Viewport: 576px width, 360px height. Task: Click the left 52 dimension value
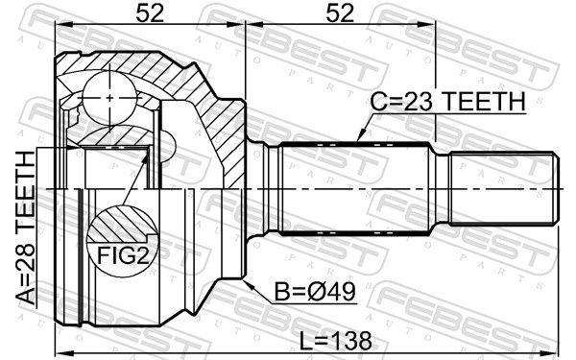(x=150, y=13)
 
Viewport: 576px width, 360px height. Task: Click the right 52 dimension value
(x=340, y=13)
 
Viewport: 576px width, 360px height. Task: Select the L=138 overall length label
(x=335, y=341)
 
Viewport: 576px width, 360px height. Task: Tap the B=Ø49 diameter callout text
(x=315, y=292)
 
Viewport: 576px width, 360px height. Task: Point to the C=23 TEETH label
(x=447, y=102)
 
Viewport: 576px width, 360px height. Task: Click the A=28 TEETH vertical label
(x=27, y=228)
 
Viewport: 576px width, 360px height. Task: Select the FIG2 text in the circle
(x=124, y=255)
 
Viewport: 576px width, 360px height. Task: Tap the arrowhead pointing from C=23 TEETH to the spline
(x=361, y=135)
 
